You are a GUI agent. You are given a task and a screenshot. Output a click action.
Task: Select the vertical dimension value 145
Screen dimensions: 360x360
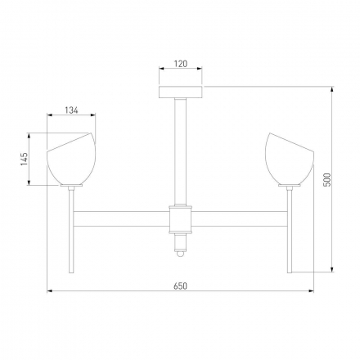click(x=25, y=159)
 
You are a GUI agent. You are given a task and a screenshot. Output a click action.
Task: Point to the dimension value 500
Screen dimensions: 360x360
click(x=326, y=180)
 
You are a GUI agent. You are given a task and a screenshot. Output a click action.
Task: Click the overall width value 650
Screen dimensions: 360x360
click(x=180, y=286)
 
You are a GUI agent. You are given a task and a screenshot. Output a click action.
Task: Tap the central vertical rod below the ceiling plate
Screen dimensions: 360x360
click(x=179, y=147)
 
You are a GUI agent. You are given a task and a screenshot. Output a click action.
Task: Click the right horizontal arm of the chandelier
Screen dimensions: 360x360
click(x=237, y=218)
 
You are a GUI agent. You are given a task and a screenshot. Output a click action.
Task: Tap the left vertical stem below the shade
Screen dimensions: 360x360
click(x=72, y=229)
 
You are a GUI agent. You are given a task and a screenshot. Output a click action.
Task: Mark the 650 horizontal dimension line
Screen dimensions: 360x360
click(x=123, y=291)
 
